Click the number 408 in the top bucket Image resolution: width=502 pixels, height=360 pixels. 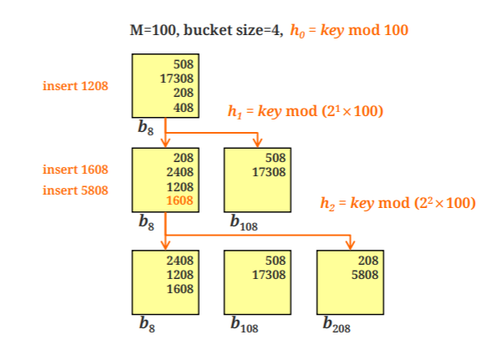click(x=183, y=108)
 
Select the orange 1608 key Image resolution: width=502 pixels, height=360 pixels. click(x=181, y=200)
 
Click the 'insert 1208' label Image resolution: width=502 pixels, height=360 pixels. click(x=75, y=85)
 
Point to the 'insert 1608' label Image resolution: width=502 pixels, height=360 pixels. click(x=75, y=169)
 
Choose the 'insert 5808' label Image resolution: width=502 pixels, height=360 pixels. click(x=75, y=190)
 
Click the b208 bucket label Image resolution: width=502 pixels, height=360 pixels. click(x=336, y=326)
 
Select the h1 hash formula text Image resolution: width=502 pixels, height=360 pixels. click(x=305, y=111)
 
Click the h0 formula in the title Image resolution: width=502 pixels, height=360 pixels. click(x=350, y=30)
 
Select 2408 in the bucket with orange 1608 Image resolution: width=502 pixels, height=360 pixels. click(x=181, y=172)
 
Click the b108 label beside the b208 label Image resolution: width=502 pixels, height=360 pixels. click(x=244, y=326)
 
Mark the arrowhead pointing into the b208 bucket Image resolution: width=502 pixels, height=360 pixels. click(x=350, y=244)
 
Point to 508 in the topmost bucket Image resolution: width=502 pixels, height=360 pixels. click(x=183, y=63)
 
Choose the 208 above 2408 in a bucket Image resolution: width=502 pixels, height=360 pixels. click(x=183, y=158)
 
